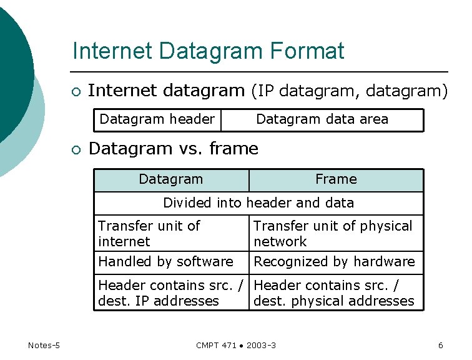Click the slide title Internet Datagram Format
[208, 51]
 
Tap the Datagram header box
[157, 119]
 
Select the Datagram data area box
[322, 119]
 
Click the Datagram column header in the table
[171, 179]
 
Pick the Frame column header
[336, 179]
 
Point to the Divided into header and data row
[258, 203]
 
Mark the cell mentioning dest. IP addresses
[171, 293]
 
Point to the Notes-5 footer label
[44, 345]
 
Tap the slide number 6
[441, 345]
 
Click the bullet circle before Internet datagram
[76, 92]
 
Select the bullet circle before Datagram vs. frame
[76, 150]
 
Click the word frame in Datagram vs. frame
[234, 149]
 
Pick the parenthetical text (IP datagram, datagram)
[349, 91]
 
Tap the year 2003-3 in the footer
[262, 346]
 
